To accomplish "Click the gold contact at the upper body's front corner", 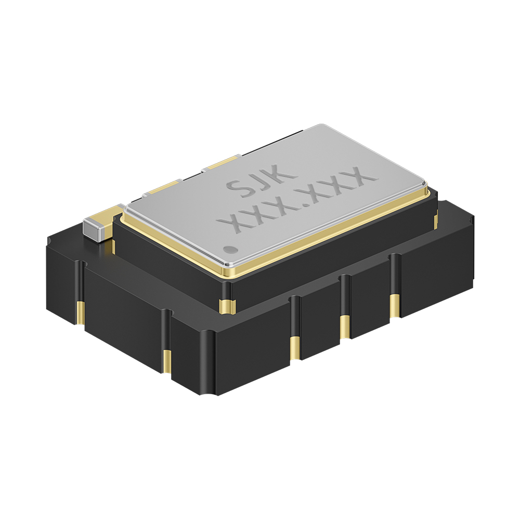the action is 228,305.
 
